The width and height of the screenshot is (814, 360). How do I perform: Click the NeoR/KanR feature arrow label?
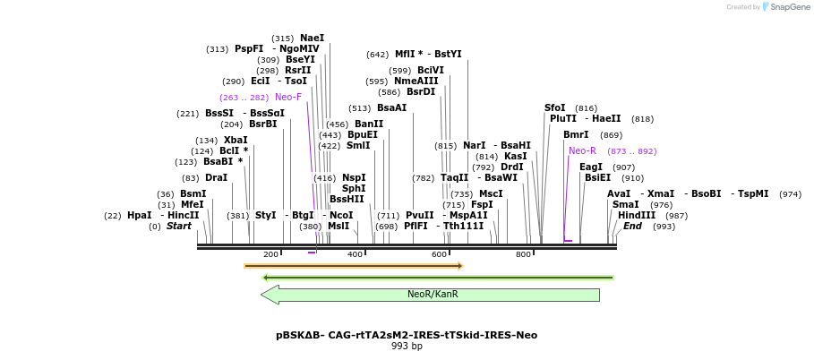[433, 294]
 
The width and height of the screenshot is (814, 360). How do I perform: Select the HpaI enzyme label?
[139, 216]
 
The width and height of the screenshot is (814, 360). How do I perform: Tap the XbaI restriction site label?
[236, 141]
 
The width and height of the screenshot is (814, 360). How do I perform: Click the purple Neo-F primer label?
[288, 97]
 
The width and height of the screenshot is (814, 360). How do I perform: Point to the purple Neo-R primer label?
[582, 150]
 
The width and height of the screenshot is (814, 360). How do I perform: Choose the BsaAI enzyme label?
[391, 108]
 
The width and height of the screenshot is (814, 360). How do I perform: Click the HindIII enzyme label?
[637, 216]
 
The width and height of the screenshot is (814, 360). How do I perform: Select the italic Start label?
[179, 227]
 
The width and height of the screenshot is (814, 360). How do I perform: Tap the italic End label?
[632, 227]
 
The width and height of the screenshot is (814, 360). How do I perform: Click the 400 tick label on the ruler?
[355, 255]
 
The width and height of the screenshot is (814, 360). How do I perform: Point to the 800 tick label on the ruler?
[523, 255]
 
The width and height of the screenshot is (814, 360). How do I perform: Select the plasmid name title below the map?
[407, 335]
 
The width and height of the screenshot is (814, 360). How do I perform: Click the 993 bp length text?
[407, 347]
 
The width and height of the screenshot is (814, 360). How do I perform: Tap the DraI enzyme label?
[216, 178]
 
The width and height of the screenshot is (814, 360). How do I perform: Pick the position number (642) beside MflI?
[378, 55]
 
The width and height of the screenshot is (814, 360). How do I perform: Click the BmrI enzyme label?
[576, 135]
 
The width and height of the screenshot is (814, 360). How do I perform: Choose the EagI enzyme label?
[591, 167]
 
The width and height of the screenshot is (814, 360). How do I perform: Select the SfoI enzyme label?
[555, 108]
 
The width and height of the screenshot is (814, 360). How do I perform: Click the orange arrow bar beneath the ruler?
[353, 266]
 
